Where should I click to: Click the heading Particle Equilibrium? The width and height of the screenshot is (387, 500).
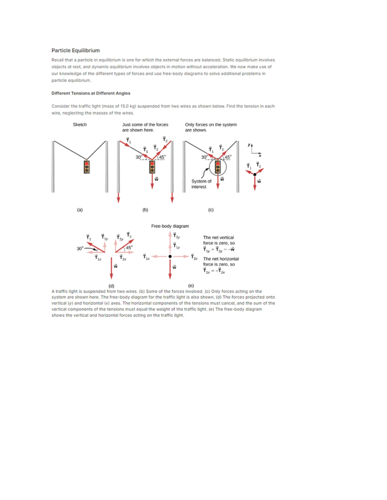point(75,51)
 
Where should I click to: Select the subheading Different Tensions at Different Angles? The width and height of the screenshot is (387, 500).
point(91,93)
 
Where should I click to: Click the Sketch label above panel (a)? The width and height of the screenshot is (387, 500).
point(80,125)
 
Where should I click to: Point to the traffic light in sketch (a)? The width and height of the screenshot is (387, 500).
point(86,167)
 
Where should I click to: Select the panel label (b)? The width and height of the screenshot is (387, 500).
point(145,210)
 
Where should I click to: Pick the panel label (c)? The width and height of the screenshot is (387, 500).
point(211,210)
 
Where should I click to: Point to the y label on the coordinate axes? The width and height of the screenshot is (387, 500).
point(249,145)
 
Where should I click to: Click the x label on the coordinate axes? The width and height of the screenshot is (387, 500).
point(260,156)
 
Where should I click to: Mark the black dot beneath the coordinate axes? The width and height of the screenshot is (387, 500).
point(255,175)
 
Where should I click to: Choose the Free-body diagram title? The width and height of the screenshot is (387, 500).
point(170,226)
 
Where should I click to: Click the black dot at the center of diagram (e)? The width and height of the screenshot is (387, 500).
point(170,257)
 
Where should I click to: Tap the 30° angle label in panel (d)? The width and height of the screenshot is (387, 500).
point(80,249)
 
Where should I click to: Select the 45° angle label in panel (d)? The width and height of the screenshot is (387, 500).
point(129,248)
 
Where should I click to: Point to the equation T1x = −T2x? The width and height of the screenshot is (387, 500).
point(214,271)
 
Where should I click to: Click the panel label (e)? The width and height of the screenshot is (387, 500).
point(191,286)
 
